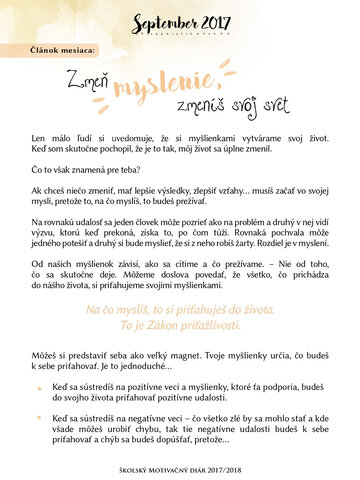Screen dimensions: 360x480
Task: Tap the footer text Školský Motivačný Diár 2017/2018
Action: tap(180, 467)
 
